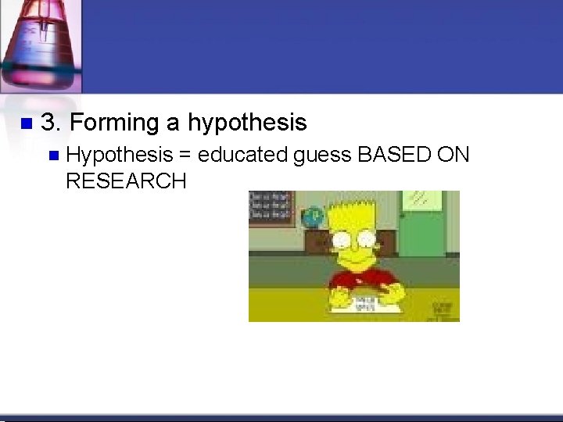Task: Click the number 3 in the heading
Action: tap(48, 123)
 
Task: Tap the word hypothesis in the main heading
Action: tap(247, 123)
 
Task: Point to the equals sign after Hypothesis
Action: tap(185, 156)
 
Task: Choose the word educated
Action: tap(242, 156)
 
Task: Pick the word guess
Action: tap(322, 156)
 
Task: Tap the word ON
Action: tap(454, 156)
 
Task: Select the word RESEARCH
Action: tap(126, 182)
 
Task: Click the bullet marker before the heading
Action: tap(25, 123)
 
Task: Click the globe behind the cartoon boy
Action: tap(314, 216)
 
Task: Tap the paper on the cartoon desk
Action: tap(364, 302)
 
